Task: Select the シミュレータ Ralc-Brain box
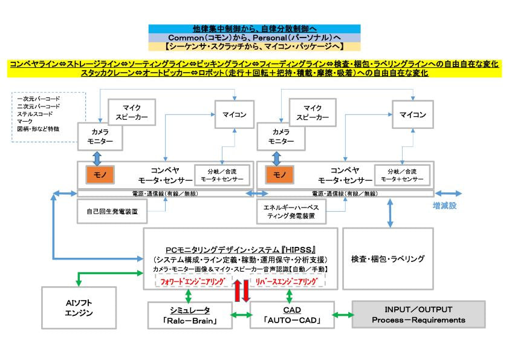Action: click(191, 315)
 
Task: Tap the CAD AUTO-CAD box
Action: click(292, 315)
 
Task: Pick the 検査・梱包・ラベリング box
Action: click(387, 258)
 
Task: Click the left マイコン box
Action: click(234, 114)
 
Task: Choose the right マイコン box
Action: click(413, 114)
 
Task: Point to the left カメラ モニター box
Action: click(100, 136)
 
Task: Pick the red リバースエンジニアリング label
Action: click(288, 281)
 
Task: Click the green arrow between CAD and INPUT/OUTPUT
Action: click(343, 315)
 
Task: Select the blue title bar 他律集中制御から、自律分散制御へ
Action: click(254, 28)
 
